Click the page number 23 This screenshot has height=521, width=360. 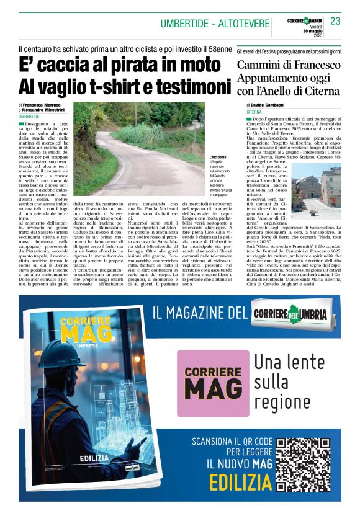pyautogui.click(x=335, y=21)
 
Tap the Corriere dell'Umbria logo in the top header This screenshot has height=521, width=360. pyautogui.click(x=305, y=21)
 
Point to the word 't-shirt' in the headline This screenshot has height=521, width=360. pyautogui.click(x=118, y=86)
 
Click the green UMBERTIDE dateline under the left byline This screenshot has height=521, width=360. pyautogui.click(x=29, y=116)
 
